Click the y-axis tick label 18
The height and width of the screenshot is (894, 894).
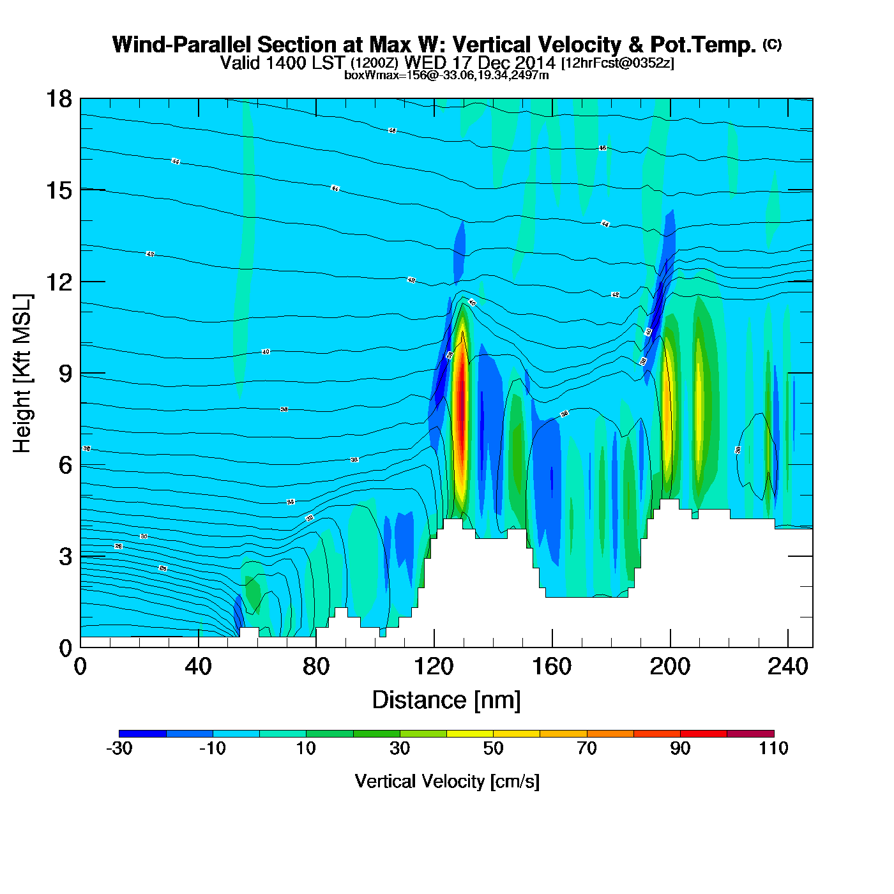(57, 99)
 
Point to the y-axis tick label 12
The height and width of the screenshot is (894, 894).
(57, 282)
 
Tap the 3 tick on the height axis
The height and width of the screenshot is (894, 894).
(65, 557)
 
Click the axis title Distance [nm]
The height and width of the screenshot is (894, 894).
(446, 701)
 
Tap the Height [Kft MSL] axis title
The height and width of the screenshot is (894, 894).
(22, 374)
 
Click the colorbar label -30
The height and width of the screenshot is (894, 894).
(119, 748)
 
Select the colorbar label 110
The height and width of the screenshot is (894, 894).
(773, 748)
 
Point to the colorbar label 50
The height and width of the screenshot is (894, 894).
(493, 748)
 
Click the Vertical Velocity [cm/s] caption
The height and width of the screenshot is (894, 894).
(447, 781)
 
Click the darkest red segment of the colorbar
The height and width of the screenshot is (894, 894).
(750, 734)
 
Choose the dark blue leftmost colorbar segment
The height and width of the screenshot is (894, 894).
(142, 734)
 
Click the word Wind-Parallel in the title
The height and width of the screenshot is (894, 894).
(182, 45)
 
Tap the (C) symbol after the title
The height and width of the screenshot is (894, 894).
(772, 44)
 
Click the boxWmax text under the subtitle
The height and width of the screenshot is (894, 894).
(446, 75)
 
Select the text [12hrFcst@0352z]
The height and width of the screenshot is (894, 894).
(617, 63)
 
